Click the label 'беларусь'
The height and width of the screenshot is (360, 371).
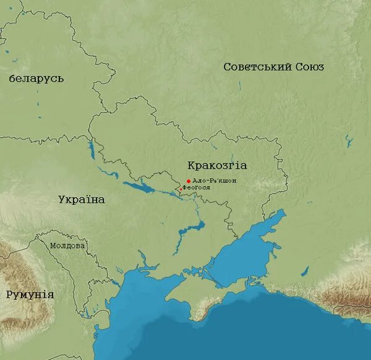pos(36,79)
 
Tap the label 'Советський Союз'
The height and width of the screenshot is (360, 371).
pos(273,67)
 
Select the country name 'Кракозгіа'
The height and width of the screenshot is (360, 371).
pos(217,165)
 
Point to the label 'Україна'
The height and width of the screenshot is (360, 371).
pos(82,200)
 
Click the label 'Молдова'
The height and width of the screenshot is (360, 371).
pos(67,246)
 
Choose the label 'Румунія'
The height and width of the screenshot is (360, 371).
pos(30,294)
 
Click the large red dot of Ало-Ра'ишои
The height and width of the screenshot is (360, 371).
pos(189,181)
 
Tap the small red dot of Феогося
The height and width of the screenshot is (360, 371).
pos(181,189)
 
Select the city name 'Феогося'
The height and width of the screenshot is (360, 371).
pos(197,187)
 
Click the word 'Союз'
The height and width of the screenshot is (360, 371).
pos(310,67)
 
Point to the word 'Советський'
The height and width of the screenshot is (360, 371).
pos(257,67)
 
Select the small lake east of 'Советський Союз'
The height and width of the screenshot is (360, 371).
pos(349,142)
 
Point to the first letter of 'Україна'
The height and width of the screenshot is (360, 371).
pos(62,200)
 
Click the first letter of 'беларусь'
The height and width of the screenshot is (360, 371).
pos(12,79)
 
